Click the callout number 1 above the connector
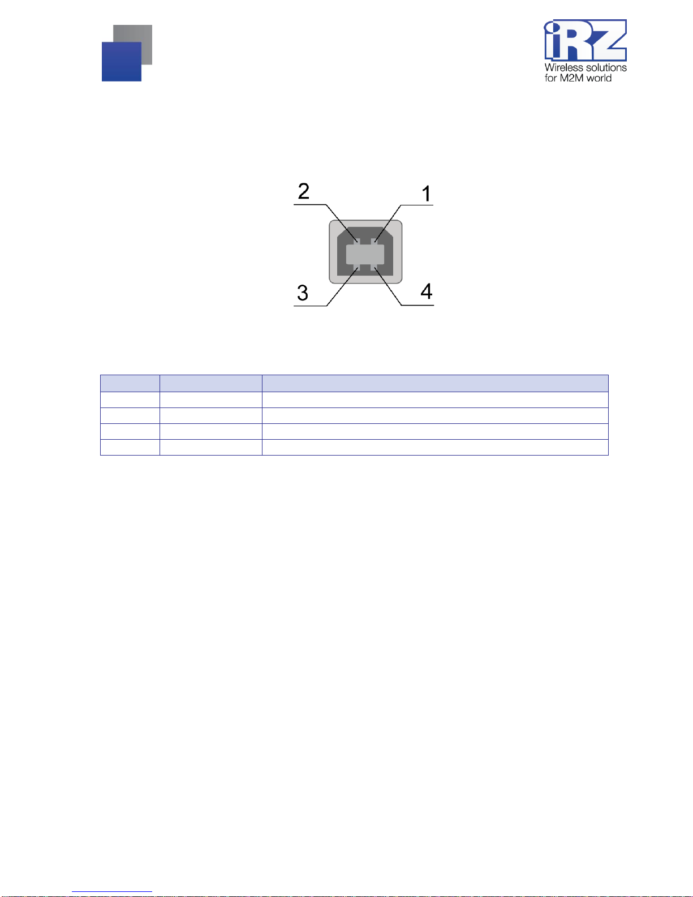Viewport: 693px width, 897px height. click(426, 194)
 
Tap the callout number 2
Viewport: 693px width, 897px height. click(304, 191)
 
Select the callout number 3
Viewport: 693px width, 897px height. click(303, 293)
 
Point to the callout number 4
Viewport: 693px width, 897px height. click(427, 291)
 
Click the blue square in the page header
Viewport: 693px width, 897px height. click(122, 62)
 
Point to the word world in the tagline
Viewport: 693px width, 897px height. click(599, 78)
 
